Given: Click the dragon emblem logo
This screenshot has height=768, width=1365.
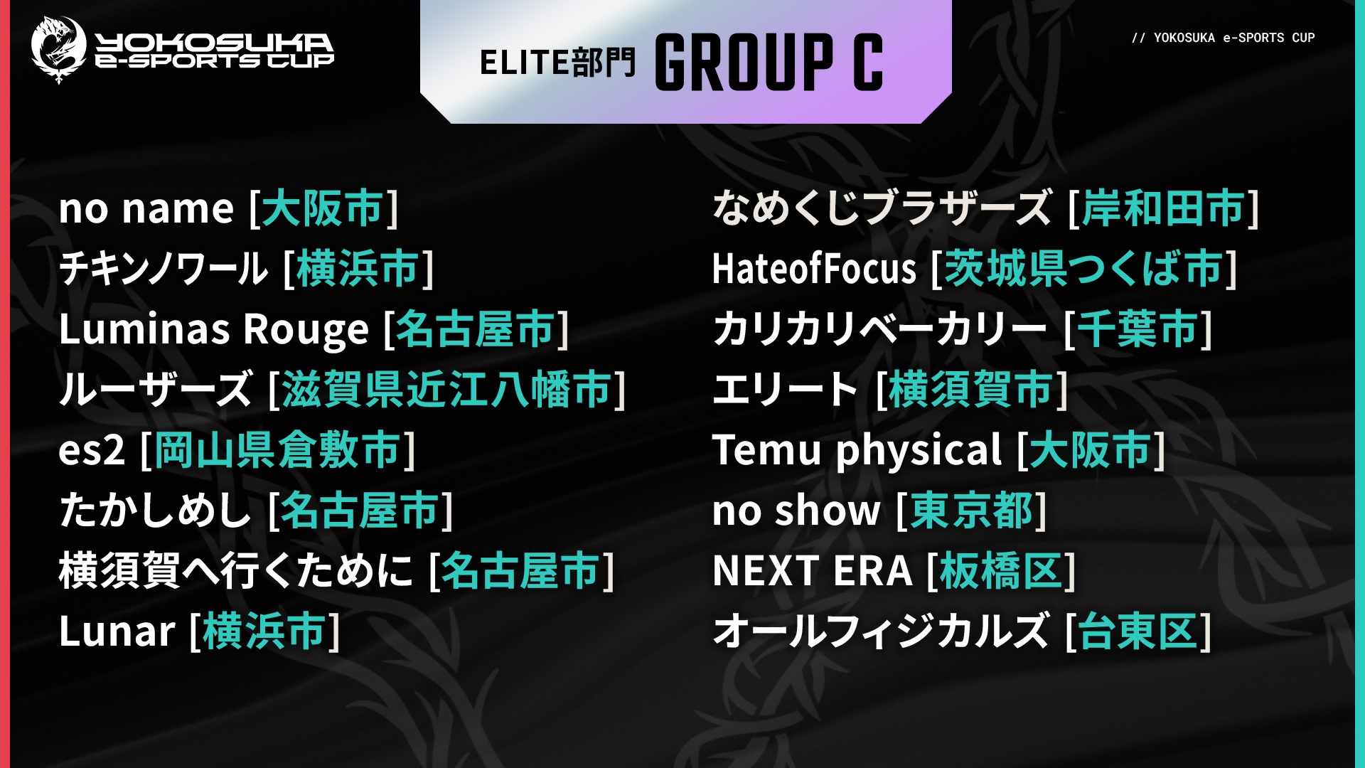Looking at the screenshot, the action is point(58,50).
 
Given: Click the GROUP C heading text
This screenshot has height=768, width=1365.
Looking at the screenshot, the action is point(769,62).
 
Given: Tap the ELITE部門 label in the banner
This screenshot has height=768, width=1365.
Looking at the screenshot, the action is point(557,63).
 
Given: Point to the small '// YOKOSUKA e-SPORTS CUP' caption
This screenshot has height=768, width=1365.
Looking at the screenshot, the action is point(1223,38).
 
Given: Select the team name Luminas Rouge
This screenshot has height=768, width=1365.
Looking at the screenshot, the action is point(214,329).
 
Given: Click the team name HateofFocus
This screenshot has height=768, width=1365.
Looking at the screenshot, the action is point(815,269).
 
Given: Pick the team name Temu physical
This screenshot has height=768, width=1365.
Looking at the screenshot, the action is point(857,451).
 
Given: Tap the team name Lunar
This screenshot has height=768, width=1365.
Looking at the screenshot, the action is point(117,631).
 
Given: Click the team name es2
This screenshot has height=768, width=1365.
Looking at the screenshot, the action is point(92,451).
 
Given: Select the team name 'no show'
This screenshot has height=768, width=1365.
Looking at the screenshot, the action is point(797,511).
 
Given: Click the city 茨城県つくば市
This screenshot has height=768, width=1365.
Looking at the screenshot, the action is point(1083,269).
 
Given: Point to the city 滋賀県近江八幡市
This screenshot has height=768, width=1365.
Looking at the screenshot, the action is point(446,390).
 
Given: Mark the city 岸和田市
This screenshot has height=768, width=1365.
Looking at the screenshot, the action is point(1163,208).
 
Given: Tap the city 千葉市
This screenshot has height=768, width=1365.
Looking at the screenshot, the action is point(1137,329).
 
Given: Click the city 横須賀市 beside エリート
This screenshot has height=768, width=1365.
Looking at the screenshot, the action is point(970,390).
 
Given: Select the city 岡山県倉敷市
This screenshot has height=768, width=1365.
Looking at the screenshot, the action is point(278,450).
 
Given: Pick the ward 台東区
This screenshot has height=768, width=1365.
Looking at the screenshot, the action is point(1137,631).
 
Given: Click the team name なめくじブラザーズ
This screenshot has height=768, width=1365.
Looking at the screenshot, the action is point(882,208).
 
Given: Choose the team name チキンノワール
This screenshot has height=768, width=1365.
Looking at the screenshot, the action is point(164,269).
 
